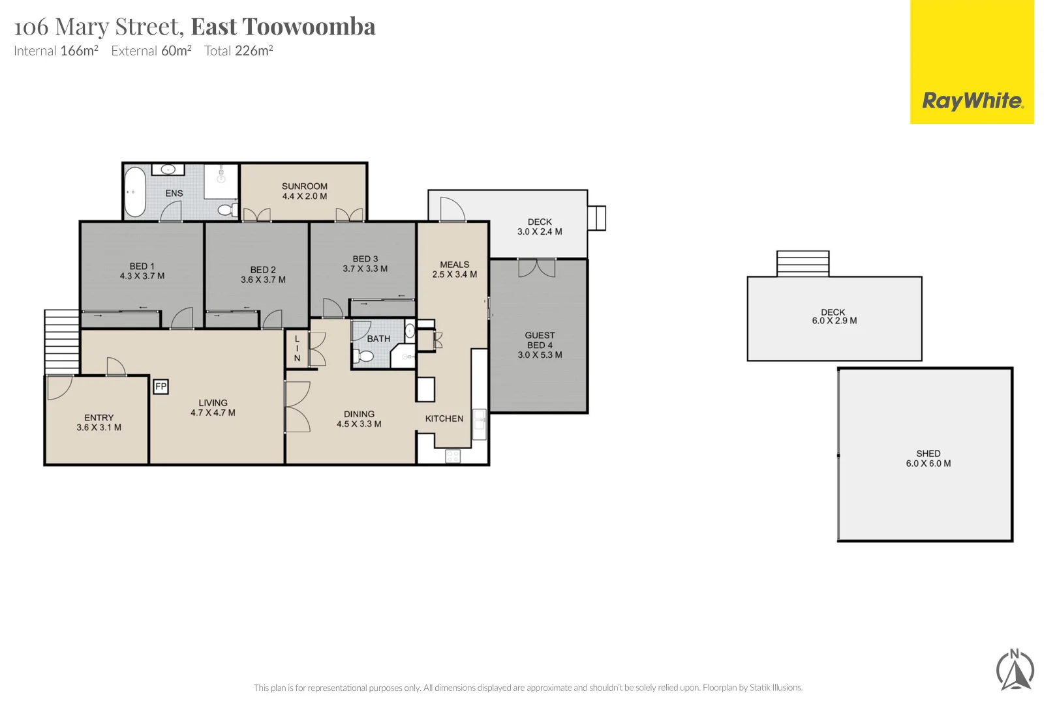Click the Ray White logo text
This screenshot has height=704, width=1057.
pos(972,101)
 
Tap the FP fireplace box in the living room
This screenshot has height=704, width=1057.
pos(161,387)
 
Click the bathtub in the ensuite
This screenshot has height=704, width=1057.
pos(135,192)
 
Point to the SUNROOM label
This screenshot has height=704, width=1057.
pos(304,186)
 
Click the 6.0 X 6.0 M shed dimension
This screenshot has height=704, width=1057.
pos(928,463)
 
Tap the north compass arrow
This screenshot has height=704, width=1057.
pos(1015,672)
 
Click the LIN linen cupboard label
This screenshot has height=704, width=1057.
pos(297,349)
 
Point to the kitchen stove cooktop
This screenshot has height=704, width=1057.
pos(453,456)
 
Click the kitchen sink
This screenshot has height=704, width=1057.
pos(479,424)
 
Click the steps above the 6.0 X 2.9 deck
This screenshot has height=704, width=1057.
pos(803,263)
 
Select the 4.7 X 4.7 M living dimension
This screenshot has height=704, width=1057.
pos(213,413)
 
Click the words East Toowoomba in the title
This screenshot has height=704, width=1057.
pos(283,27)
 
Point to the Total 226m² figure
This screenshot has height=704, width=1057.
pos(238,51)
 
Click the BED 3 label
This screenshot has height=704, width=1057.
pos(365,259)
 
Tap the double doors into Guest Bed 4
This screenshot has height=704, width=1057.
pos(536,267)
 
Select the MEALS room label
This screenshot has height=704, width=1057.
pos(454,265)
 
